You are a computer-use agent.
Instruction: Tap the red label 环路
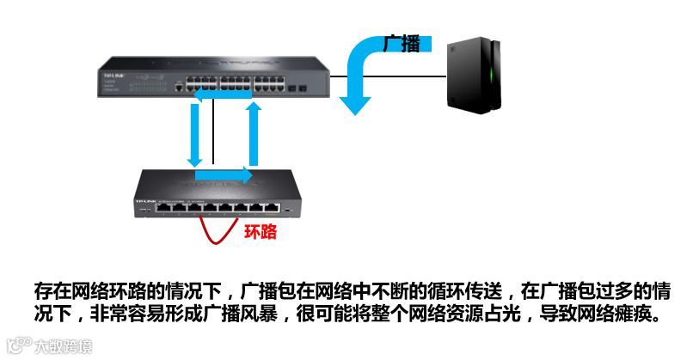[x=261, y=231]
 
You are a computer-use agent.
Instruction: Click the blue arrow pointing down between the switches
[x=195, y=137]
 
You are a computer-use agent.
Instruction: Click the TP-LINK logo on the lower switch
[x=144, y=201]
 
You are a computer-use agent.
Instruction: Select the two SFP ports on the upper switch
[x=298, y=88]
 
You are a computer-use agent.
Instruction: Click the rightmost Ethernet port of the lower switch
[x=273, y=208]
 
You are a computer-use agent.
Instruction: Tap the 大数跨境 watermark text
[x=62, y=348]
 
